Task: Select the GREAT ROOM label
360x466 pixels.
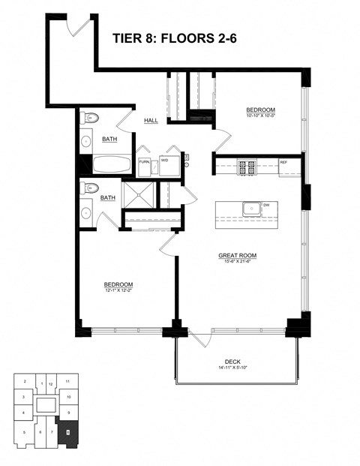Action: [x=237, y=255]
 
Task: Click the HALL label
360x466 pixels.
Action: [x=151, y=121]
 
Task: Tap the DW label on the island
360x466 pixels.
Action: [x=265, y=204]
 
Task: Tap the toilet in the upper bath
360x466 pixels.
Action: [x=91, y=118]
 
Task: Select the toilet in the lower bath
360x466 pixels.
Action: [x=91, y=188]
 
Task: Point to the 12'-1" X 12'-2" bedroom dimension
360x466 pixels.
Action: [x=118, y=290]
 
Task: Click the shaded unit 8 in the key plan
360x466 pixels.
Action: [x=67, y=432]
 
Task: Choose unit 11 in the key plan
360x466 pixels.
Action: [x=67, y=381]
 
